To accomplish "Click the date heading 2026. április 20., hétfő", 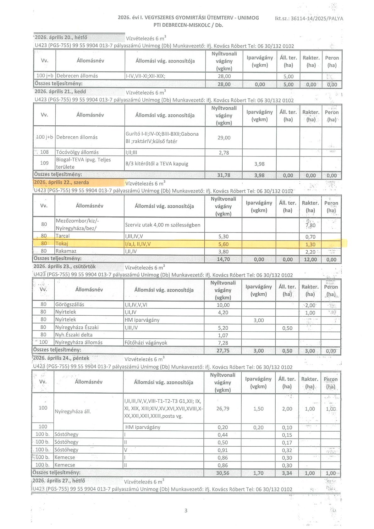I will (61, 37).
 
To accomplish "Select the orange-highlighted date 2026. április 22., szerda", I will (62, 183).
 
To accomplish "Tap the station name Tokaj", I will (62, 243).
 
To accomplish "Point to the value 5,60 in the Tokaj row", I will (223, 244).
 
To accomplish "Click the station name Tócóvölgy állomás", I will (77, 152).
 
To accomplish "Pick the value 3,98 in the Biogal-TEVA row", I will (259, 164).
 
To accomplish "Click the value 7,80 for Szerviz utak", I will (310, 225).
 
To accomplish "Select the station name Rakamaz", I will (66, 251).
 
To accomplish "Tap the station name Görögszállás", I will (70, 304).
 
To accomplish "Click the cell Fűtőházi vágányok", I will (146, 343).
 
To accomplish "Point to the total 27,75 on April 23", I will (223, 351).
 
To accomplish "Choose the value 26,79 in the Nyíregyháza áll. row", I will (223, 409).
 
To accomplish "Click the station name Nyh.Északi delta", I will (74, 335).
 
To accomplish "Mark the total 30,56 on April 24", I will (223, 473).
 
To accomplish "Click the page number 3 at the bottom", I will (186, 510).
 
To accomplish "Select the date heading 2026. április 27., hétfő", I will (59, 481).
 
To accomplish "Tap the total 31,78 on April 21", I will (223, 175).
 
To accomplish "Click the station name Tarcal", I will (63, 236).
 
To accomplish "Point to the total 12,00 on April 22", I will (310, 259).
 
